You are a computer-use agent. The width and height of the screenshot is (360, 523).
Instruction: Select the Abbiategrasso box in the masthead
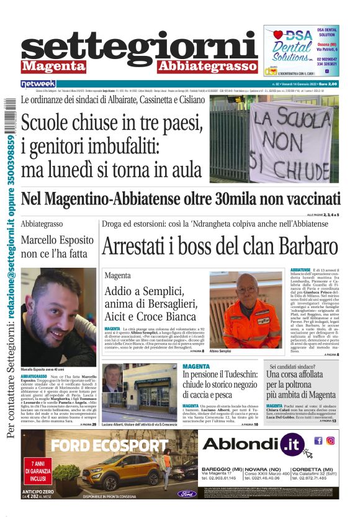click(x=207, y=66)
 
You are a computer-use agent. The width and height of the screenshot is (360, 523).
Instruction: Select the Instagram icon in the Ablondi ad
click(x=331, y=440)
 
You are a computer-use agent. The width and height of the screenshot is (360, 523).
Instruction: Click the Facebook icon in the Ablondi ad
click(x=318, y=440)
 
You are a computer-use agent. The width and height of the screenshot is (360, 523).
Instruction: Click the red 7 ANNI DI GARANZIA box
click(x=37, y=471)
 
